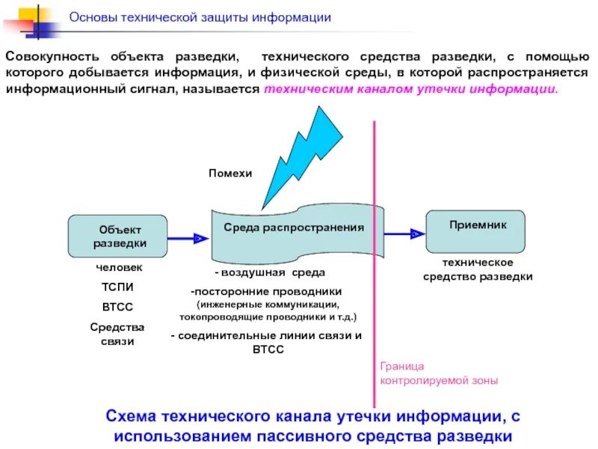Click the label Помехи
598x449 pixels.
pos(230,173)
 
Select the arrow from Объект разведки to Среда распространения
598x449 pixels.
pos(188,238)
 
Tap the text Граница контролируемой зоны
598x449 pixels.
pos(438,373)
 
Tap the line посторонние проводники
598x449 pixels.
pos(267,291)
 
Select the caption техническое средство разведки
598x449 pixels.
pos(478,269)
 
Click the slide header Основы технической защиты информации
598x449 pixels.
pos(200,17)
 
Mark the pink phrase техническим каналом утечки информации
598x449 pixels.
pos(411,88)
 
